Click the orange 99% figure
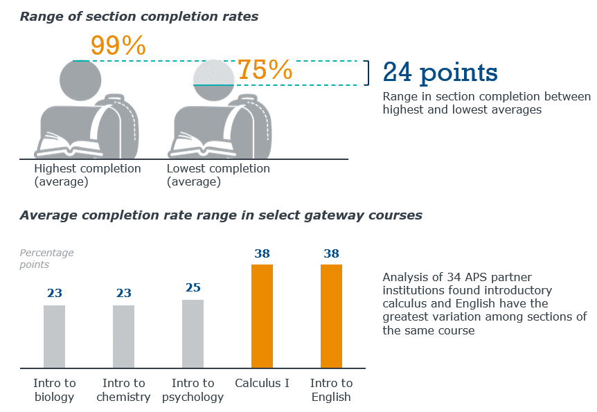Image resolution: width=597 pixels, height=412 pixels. click(118, 46)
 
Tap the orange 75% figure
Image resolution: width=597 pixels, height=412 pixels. click(265, 70)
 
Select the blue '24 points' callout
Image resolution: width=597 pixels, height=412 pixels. click(440, 73)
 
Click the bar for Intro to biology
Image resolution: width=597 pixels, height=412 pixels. click(55, 337)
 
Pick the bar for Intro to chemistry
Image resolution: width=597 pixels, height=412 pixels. click(124, 337)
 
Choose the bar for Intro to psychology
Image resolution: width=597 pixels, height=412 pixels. click(193, 334)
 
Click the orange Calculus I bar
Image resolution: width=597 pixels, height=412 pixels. click(262, 316)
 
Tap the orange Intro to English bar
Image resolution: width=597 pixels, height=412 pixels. click(332, 316)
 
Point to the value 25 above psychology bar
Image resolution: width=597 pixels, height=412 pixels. click(193, 287)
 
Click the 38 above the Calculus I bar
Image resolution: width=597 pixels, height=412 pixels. click(262, 253)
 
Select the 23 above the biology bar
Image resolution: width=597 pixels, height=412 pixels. click(55, 293)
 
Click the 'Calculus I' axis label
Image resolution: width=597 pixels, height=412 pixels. click(262, 383)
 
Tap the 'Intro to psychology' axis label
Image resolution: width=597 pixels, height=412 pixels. click(193, 390)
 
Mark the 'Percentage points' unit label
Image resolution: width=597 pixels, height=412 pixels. click(46, 258)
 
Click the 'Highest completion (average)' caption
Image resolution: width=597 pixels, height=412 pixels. click(87, 174)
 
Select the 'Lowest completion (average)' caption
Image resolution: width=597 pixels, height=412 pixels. click(218, 174)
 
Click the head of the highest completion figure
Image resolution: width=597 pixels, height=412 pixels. click(80, 80)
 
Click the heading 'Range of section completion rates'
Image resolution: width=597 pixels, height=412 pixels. click(139, 17)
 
